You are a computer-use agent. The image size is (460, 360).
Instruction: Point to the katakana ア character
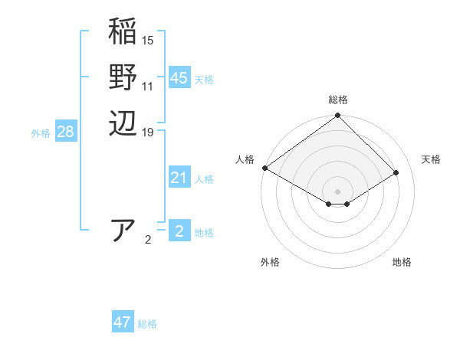pyautogui.click(x=124, y=230)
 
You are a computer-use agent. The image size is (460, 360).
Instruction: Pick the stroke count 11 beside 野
pyautogui.click(x=148, y=87)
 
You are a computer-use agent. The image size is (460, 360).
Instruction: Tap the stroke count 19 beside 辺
pyautogui.click(x=148, y=133)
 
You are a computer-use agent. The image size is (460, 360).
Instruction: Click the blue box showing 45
pyautogui.click(x=179, y=78)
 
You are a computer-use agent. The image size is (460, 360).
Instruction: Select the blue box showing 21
pyautogui.click(x=179, y=178)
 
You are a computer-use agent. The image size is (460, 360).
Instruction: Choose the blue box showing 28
pyautogui.click(x=65, y=132)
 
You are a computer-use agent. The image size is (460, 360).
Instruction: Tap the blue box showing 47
pyautogui.click(x=122, y=322)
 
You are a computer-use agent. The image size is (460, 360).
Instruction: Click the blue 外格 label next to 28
pyautogui.click(x=41, y=133)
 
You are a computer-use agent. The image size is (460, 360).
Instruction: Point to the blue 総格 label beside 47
pyautogui.click(x=147, y=324)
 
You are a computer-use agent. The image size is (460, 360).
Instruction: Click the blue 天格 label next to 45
pyautogui.click(x=204, y=80)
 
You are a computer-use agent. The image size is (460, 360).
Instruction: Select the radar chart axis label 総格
pyautogui.click(x=338, y=100)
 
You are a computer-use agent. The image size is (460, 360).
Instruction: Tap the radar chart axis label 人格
pyautogui.click(x=245, y=159)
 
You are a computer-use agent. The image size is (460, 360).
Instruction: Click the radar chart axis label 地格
pyautogui.click(x=402, y=262)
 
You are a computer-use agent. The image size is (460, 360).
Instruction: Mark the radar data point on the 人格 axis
pyautogui.click(x=264, y=168)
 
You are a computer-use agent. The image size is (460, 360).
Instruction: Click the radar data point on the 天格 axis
pyautogui.click(x=397, y=172)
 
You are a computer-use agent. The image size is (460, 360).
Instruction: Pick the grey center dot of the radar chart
pyautogui.click(x=337, y=191)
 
